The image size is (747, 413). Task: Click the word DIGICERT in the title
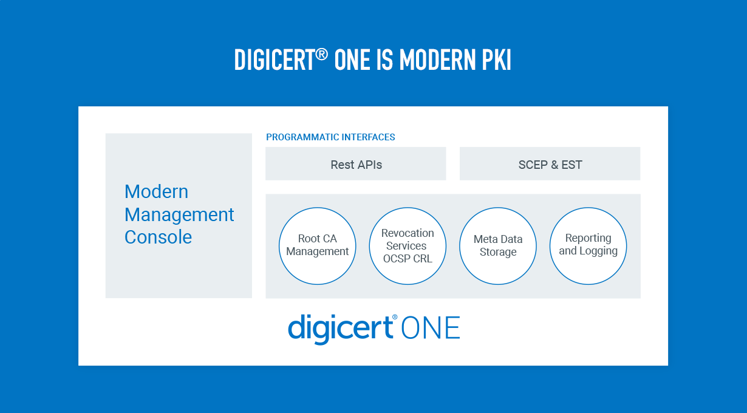click(x=275, y=60)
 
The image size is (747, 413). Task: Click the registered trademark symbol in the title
click(x=321, y=54)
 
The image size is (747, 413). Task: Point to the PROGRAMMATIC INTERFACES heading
click(x=330, y=137)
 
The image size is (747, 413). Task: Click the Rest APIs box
click(x=356, y=164)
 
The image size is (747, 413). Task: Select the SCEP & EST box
click(x=550, y=164)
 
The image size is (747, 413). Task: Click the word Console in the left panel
click(x=158, y=237)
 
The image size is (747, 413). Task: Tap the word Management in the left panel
click(x=179, y=215)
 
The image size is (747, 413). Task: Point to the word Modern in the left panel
click(x=157, y=192)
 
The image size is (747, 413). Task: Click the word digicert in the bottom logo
click(x=340, y=329)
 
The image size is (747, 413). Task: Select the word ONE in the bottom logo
click(x=431, y=328)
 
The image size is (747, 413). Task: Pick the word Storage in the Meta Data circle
click(x=498, y=252)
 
